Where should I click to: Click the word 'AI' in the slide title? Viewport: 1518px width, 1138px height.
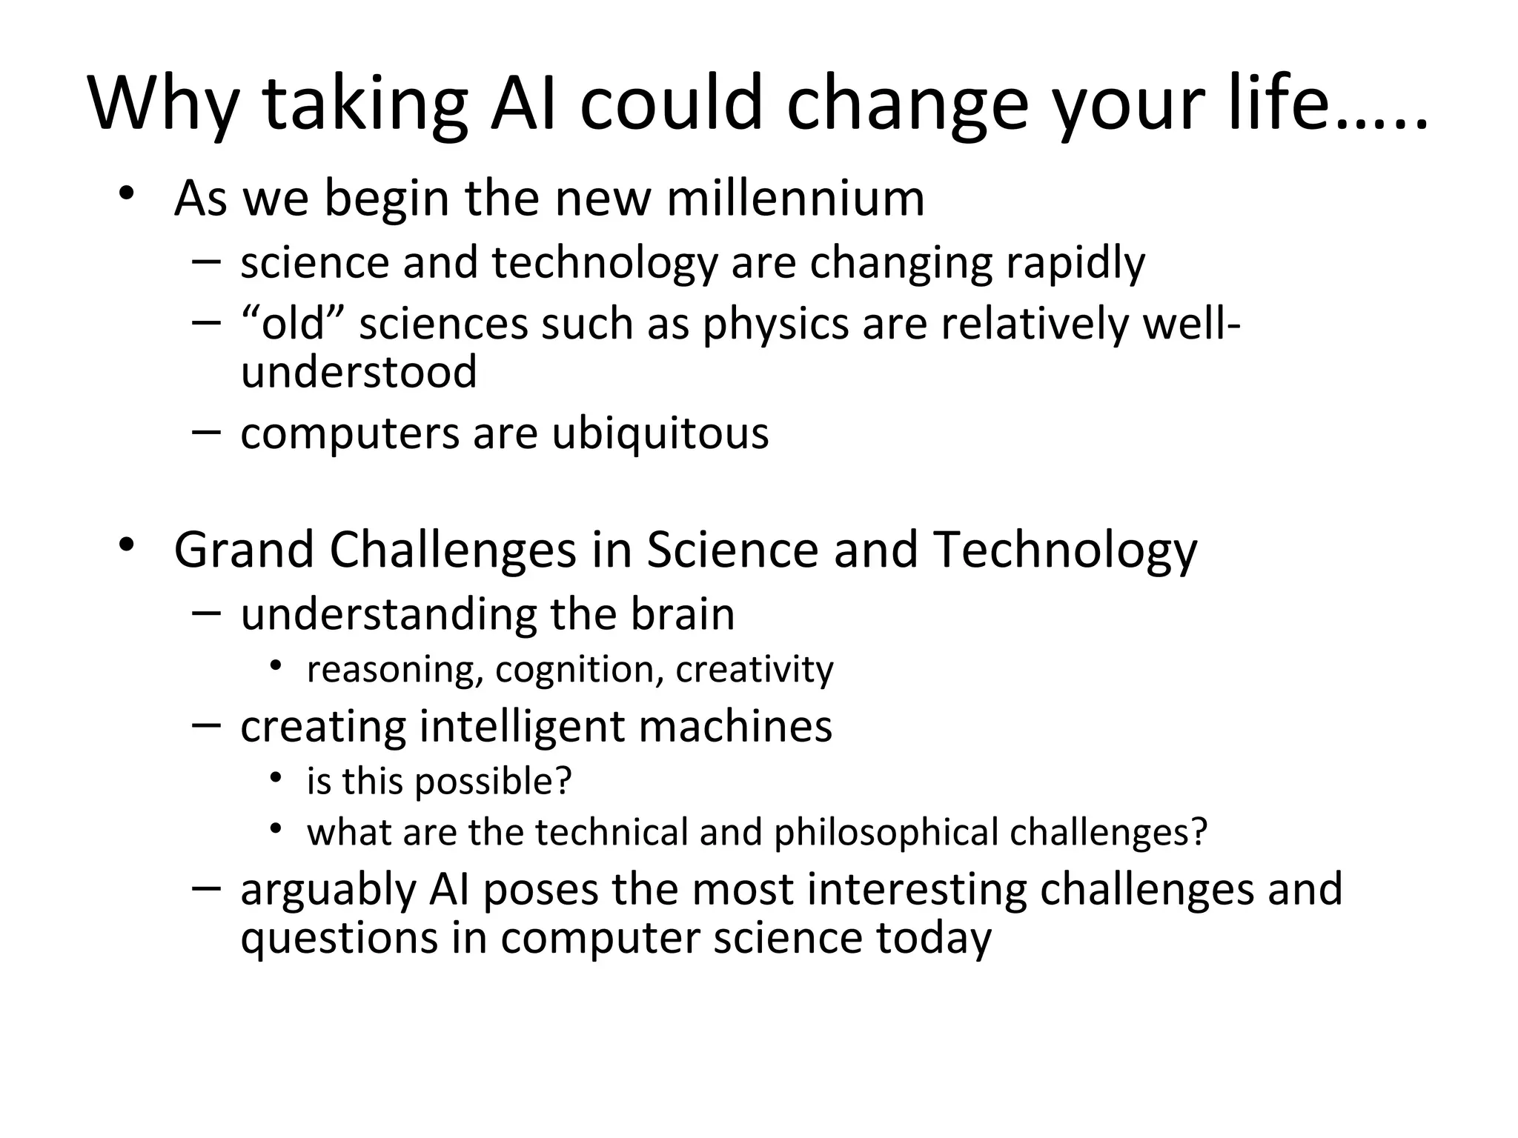click(x=523, y=104)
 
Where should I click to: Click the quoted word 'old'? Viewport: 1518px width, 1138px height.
click(x=294, y=325)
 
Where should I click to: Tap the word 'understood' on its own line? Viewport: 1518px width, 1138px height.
click(x=359, y=372)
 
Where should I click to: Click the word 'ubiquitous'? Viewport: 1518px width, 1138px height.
click(x=660, y=433)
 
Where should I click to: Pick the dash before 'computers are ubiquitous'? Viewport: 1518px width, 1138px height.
click(x=205, y=432)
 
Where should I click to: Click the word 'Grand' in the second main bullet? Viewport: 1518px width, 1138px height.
click(x=244, y=550)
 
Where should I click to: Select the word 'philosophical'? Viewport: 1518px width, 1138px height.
click(x=886, y=833)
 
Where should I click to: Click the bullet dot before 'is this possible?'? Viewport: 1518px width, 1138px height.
click(x=276, y=778)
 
